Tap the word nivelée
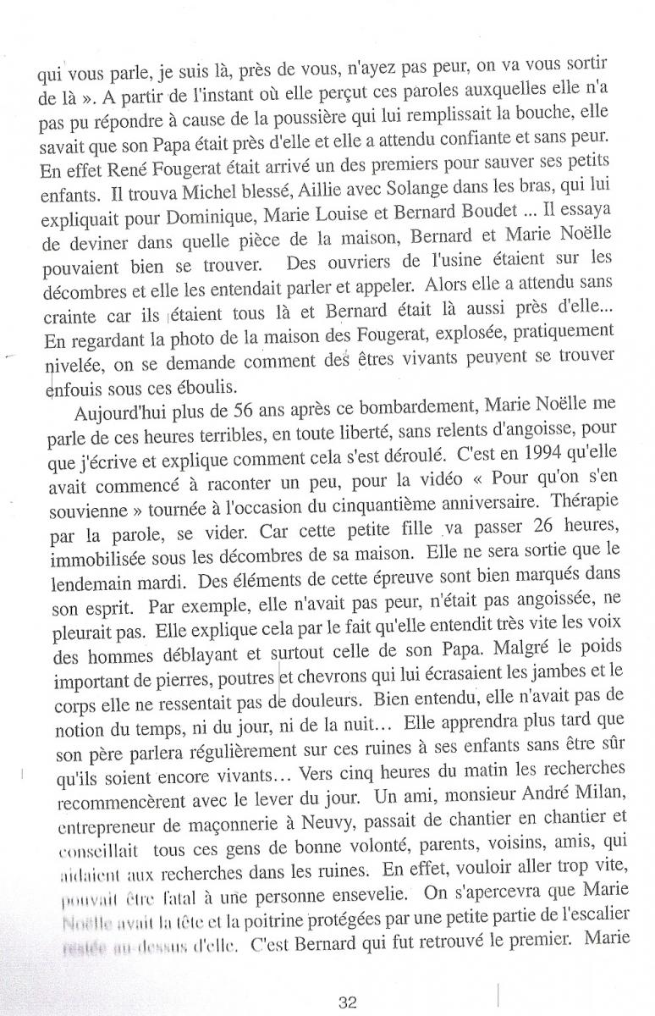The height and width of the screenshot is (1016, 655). click(x=74, y=366)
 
